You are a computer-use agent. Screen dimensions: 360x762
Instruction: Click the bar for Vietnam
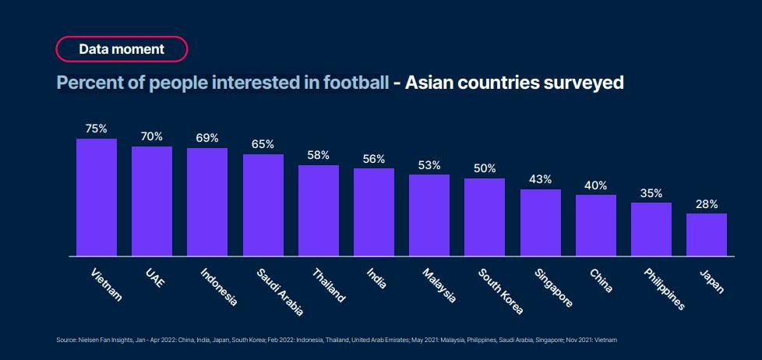pyautogui.click(x=97, y=197)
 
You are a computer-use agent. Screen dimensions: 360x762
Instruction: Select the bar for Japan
pyautogui.click(x=707, y=235)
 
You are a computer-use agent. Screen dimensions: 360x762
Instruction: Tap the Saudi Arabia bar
pyautogui.click(x=263, y=205)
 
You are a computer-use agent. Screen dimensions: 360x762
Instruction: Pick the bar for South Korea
pyautogui.click(x=485, y=217)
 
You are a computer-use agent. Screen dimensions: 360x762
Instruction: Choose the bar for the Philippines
pyautogui.click(x=651, y=229)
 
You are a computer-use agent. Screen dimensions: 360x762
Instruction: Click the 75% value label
pyautogui.click(x=97, y=129)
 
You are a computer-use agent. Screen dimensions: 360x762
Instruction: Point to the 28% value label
pyautogui.click(x=707, y=203)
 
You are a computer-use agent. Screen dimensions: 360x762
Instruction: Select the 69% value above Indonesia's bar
pyautogui.click(x=207, y=138)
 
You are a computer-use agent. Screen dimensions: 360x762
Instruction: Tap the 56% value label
pyautogui.click(x=374, y=158)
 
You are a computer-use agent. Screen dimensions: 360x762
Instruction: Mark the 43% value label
pyautogui.click(x=541, y=179)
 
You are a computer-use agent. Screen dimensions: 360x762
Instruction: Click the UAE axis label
pyautogui.click(x=154, y=278)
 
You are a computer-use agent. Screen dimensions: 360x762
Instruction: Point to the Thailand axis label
pyautogui.click(x=329, y=285)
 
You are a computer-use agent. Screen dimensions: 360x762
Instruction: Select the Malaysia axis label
pyautogui.click(x=439, y=285)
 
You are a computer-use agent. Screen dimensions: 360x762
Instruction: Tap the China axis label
pyautogui.click(x=601, y=281)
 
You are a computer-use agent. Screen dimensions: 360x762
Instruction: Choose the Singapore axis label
pyautogui.click(x=553, y=288)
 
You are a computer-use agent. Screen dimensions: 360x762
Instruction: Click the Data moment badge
pyautogui.click(x=122, y=49)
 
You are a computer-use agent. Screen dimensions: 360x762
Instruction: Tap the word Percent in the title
pyautogui.click(x=86, y=83)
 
